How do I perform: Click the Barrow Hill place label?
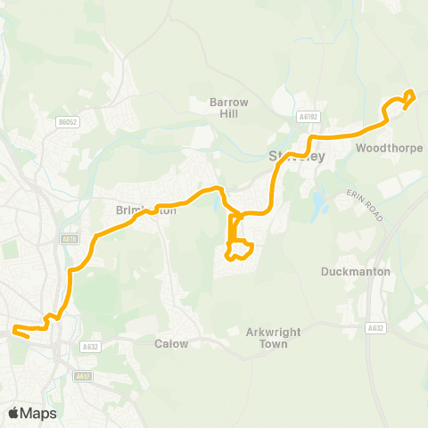(228, 108)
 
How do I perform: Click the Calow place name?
(171, 343)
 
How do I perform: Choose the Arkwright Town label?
(269, 338)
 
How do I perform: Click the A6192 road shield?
(309, 116)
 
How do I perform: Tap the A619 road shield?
(70, 238)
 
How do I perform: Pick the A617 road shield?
(83, 376)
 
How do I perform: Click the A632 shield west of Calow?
(89, 347)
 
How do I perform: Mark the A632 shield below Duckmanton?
(375, 328)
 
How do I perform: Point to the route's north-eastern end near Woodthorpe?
(410, 94)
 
